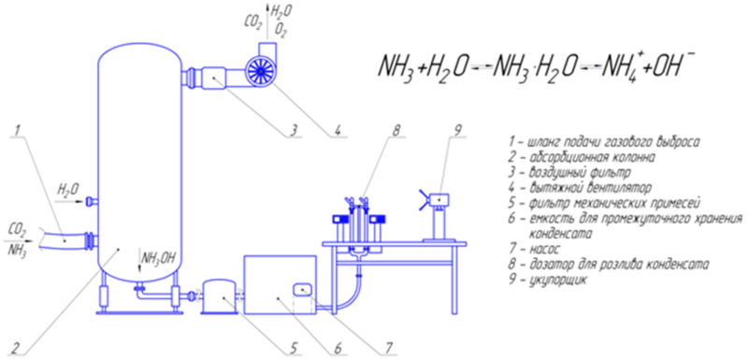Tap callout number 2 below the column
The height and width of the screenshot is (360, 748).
point(16,347)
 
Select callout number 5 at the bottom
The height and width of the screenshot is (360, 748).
point(295,348)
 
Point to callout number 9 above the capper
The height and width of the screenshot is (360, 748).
point(456,130)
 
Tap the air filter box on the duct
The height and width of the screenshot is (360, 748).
point(214,78)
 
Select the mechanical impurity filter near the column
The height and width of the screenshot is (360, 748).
point(219,297)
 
